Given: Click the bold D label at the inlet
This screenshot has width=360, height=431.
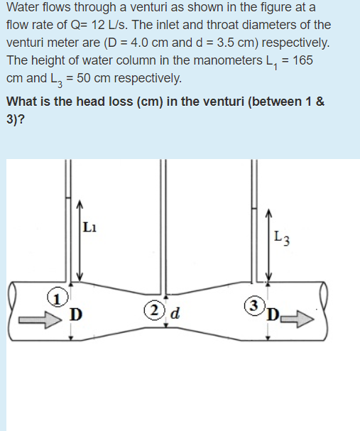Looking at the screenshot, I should [74, 313].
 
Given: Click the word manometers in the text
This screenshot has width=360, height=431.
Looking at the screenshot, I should [218, 60].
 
